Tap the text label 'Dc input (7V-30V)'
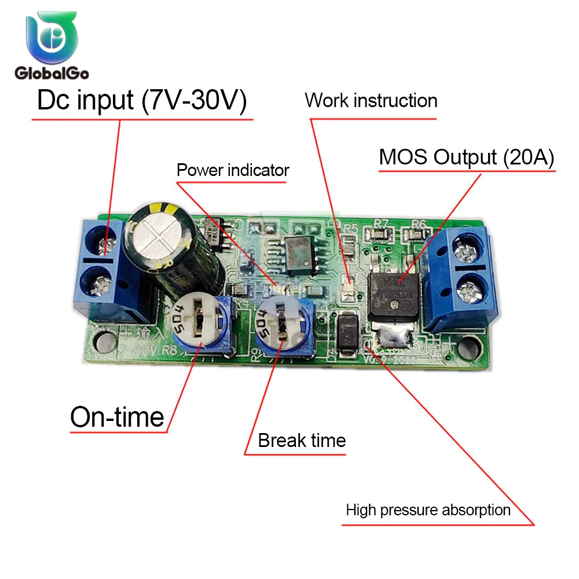coord(142,101)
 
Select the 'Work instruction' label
coord(371,100)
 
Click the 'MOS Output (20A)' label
coord(467,157)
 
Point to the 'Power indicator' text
coord(232,170)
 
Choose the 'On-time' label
coord(117,417)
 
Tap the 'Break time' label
coord(302,441)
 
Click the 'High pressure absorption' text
coord(428,510)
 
